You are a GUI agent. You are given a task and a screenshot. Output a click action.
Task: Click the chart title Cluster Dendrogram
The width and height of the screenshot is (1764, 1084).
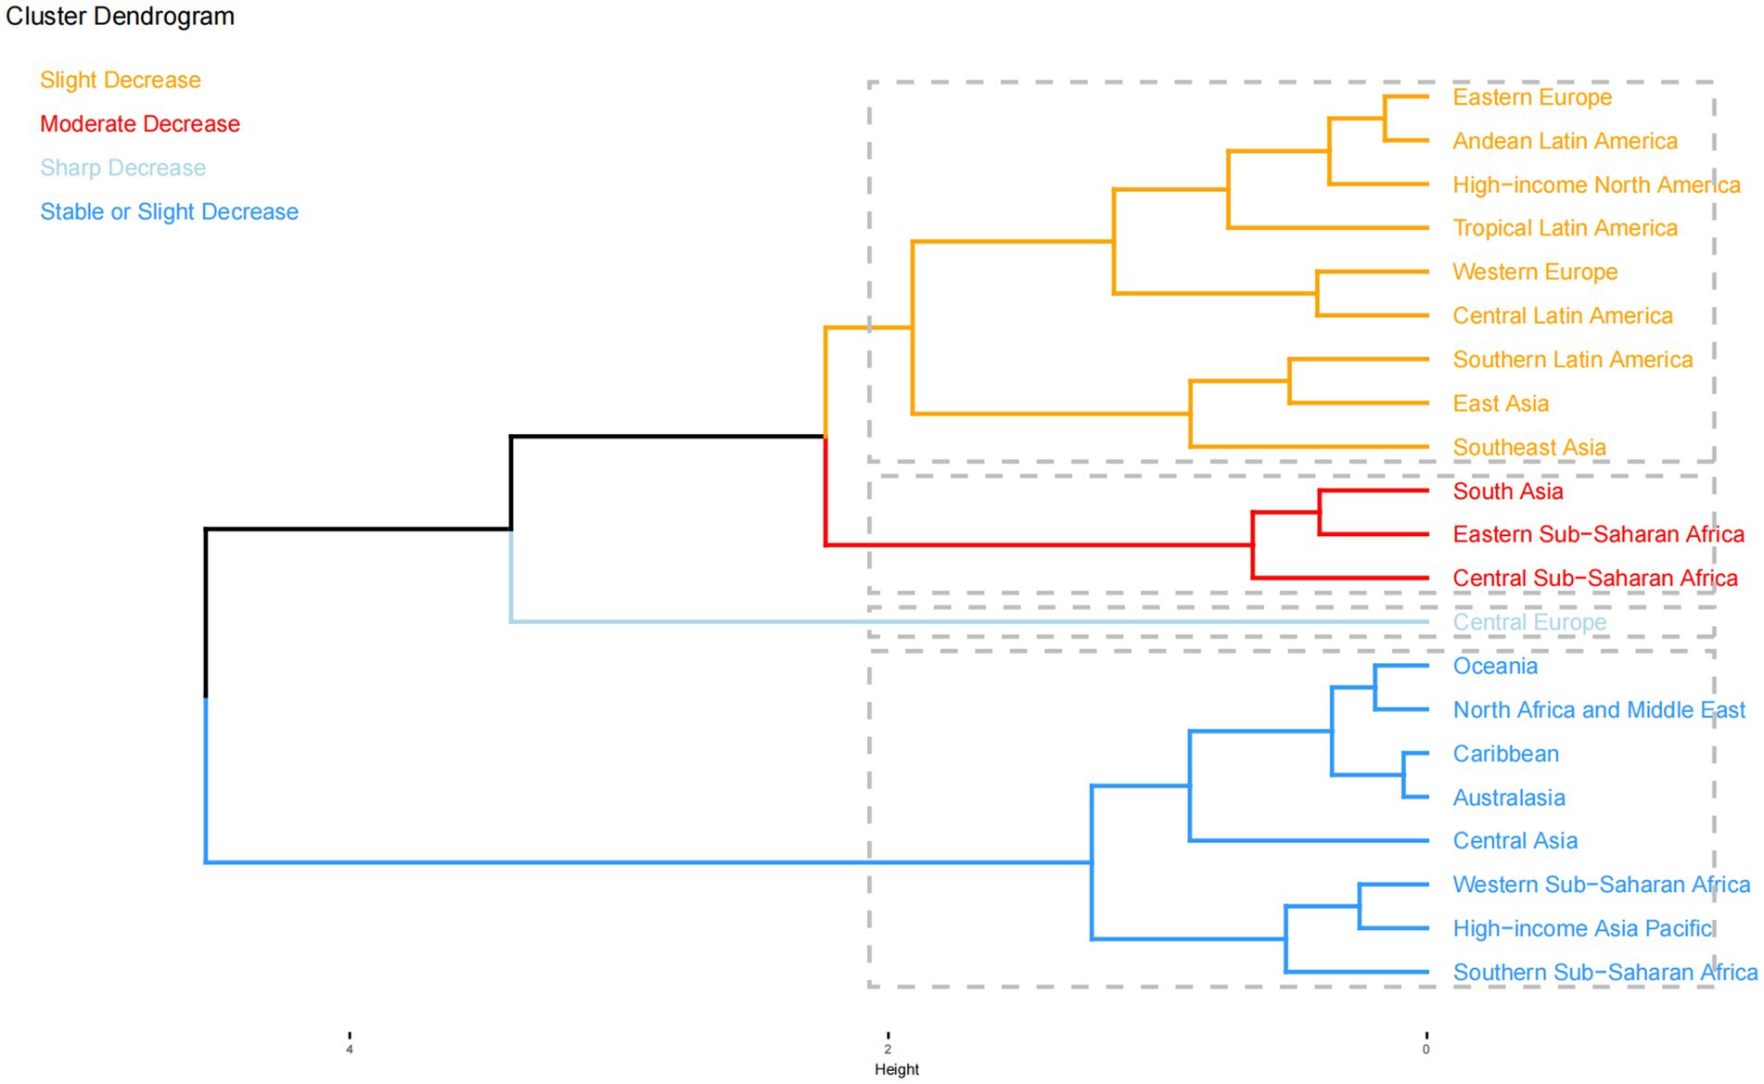[x=120, y=17]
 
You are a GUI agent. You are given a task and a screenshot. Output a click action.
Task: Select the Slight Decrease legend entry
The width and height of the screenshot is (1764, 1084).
[x=121, y=81]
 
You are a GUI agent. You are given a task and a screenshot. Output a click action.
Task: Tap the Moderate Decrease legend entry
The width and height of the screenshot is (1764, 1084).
[x=140, y=124]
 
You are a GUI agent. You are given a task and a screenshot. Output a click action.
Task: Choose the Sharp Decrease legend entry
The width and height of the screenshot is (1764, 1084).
[x=122, y=168]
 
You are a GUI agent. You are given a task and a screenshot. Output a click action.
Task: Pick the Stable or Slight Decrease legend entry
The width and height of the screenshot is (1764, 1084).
[x=169, y=212]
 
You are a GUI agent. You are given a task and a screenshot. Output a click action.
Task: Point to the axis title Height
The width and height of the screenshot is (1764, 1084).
[x=897, y=1069]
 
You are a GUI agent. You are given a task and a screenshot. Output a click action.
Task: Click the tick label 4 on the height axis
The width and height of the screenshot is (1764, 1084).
[x=350, y=1050]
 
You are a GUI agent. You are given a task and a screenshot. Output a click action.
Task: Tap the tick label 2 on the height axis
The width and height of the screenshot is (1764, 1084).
[x=888, y=1050]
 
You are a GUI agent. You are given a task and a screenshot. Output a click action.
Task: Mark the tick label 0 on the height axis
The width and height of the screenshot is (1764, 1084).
[x=1426, y=1050]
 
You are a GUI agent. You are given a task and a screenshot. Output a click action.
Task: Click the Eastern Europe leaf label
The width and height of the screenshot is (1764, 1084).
[x=1532, y=97]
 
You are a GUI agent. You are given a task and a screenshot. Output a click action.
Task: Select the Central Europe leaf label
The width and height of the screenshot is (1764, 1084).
[x=1529, y=622]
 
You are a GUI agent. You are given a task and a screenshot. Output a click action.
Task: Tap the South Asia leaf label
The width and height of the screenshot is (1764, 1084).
[x=1508, y=491]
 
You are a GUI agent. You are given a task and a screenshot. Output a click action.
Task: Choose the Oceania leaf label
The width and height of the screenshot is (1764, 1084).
[x=1495, y=667]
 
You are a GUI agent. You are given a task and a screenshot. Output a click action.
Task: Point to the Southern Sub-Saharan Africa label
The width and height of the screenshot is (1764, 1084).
[x=1605, y=973]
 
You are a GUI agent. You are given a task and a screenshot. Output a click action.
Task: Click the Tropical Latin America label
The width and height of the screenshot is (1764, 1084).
[x=1565, y=228]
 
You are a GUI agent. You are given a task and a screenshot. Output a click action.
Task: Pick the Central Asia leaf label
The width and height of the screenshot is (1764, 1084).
[x=1515, y=841]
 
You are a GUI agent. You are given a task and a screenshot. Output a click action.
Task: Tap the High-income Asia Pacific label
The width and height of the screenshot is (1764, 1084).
[x=1582, y=928]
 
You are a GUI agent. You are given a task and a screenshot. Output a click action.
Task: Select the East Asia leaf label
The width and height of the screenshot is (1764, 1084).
[x=1501, y=404]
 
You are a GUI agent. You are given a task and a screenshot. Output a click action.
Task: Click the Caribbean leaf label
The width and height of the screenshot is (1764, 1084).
[x=1505, y=754]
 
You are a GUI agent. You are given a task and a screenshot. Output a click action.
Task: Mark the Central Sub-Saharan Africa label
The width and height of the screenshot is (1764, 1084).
[x=1595, y=579]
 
